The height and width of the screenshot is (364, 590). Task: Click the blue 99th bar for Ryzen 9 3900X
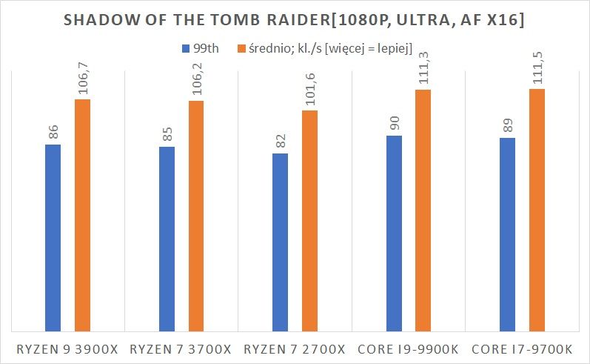coord(53,237)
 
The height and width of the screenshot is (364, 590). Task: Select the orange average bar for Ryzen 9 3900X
coord(81,215)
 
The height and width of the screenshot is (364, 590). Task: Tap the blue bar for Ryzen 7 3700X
coord(167,239)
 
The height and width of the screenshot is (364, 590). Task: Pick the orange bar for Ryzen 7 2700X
coord(309,220)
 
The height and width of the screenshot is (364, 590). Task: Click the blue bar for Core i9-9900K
coord(395,233)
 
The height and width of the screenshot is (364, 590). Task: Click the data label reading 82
coord(281,141)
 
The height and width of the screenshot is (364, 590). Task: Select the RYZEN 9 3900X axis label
coord(67,348)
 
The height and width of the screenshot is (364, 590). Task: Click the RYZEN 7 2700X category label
coord(295,348)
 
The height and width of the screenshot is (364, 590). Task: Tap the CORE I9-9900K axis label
coord(409,348)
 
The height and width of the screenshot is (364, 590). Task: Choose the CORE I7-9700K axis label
coord(522,348)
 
